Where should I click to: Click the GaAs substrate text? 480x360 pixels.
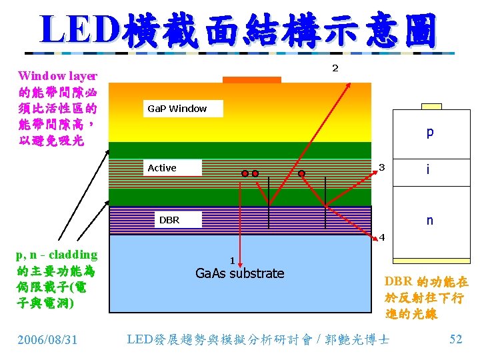[239, 273]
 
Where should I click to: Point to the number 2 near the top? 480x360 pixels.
[335, 68]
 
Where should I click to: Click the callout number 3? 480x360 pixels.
[381, 166]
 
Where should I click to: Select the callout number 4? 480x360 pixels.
[382, 237]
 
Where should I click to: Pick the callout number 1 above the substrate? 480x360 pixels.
[231, 261]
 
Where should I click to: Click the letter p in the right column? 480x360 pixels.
[430, 132]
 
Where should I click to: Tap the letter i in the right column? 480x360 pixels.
[429, 172]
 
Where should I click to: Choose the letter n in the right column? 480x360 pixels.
[429, 220]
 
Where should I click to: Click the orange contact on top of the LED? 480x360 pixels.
[251, 79]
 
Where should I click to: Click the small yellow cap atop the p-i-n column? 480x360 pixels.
[431, 105]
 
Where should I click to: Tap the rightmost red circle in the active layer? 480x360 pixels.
[302, 173]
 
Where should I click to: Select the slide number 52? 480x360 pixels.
[456, 339]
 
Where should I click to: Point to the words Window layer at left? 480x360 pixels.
[57, 76]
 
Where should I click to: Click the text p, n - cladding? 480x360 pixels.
[57, 255]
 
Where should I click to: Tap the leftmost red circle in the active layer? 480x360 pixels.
[245, 173]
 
